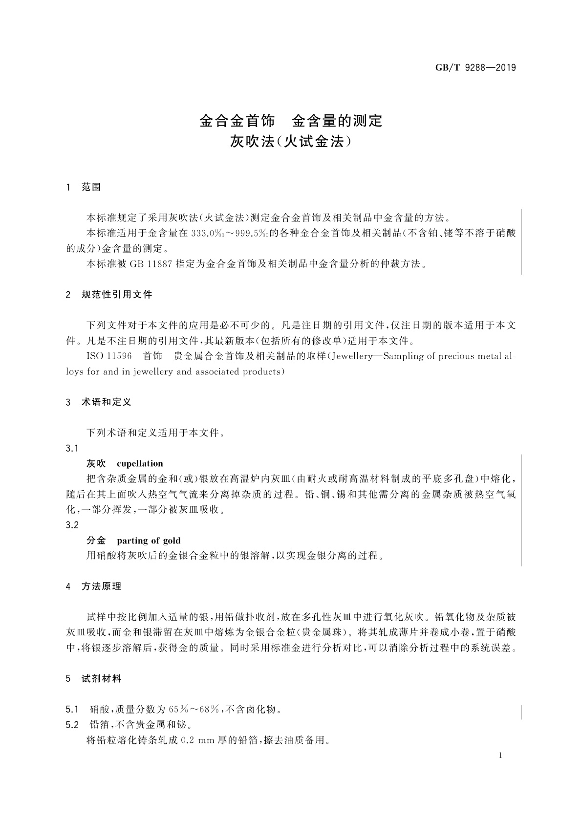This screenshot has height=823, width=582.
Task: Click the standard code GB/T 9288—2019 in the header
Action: [475, 68]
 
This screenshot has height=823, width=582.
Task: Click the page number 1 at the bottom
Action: [501, 756]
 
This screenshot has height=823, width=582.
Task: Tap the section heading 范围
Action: [91, 187]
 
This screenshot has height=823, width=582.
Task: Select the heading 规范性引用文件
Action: [117, 295]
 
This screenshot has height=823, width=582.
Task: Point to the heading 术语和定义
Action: [107, 402]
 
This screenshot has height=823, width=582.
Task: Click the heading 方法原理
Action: [101, 586]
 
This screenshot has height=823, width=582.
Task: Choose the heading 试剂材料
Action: [101, 679]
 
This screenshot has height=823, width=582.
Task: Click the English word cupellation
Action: [140, 464]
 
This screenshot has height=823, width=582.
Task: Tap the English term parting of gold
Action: [149, 541]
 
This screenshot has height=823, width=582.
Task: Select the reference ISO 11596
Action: [109, 356]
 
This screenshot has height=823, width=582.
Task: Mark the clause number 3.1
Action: [72, 448]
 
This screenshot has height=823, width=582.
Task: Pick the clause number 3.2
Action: [72, 525]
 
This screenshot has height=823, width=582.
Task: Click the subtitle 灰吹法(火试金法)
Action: [291, 142]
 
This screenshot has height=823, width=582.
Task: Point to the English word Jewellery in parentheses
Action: [351, 356]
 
